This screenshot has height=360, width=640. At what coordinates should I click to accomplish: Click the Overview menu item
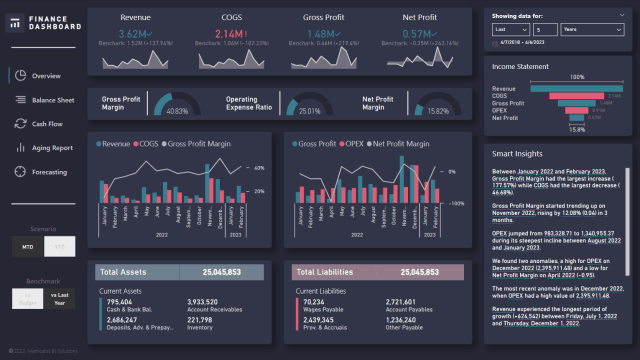45,76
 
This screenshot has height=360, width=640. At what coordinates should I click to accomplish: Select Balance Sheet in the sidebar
52,101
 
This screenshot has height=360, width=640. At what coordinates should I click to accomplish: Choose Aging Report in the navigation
51,148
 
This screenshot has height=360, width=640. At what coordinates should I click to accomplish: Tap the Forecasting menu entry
50,172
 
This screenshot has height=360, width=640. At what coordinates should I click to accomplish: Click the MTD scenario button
28,245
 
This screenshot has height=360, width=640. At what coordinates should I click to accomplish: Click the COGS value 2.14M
228,34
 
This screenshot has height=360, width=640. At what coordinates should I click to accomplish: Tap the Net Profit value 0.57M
419,34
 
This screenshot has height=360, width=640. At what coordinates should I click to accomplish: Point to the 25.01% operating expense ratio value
311,111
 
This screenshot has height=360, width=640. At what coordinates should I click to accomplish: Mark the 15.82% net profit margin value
437,111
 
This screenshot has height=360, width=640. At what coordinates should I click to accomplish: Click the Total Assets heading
123,272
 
